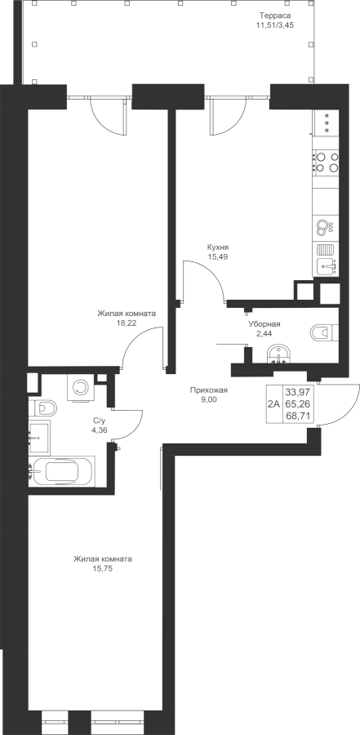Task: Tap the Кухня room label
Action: tap(218, 247)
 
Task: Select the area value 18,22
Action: tap(126, 323)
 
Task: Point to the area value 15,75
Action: tap(103, 568)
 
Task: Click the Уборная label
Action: tap(264, 324)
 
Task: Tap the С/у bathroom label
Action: tap(100, 421)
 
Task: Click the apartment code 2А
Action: tap(273, 404)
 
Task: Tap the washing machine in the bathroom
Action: tap(80, 387)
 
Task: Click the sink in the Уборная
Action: tap(279, 354)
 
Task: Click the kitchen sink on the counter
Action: tap(327, 268)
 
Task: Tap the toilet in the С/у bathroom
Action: tap(42, 408)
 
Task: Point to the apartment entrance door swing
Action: tap(336, 404)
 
